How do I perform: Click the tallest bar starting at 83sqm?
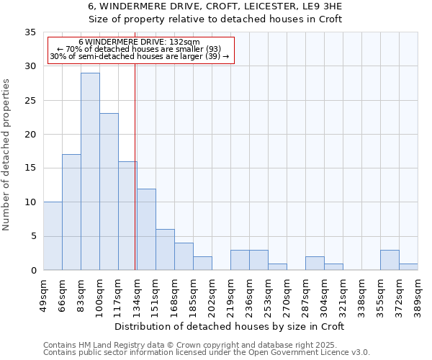pyautogui.click(x=90, y=171)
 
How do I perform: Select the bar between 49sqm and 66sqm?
pyautogui.click(x=53, y=236)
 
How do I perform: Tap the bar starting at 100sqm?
pyautogui.click(x=109, y=192)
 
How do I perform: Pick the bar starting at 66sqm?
pyautogui.click(x=71, y=212)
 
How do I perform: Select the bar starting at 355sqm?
pyautogui.click(x=390, y=260)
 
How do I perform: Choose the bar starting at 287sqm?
pyautogui.click(x=315, y=264)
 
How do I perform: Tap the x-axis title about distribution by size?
pyautogui.click(x=230, y=326)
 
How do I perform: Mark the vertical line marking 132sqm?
pyautogui.click(x=135, y=166)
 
